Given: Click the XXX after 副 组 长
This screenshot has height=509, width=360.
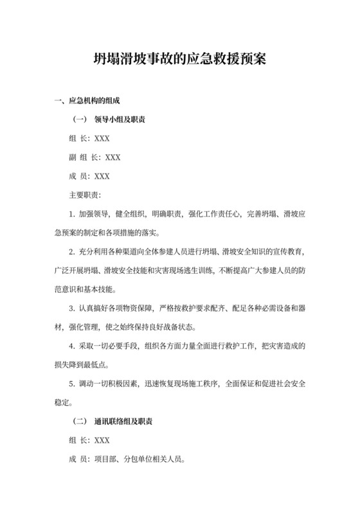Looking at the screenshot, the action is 113,156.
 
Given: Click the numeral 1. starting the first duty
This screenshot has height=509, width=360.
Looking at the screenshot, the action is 72,213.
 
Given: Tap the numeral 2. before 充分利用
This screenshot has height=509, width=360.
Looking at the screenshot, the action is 72,249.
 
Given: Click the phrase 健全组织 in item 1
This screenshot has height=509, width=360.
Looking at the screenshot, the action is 130,213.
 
